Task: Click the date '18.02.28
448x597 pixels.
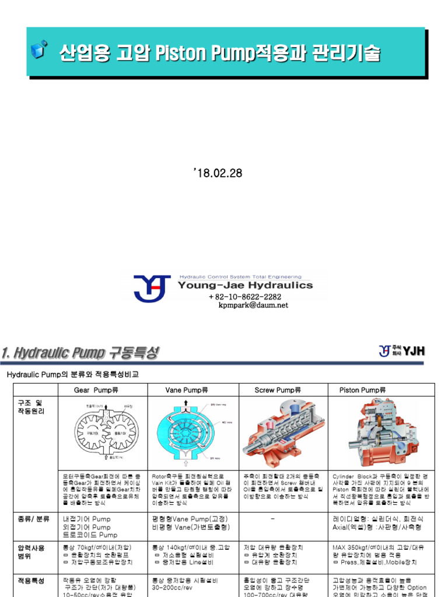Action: [217, 173]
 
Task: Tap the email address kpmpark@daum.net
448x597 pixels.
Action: [253, 305]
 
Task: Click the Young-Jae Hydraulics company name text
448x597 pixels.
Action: [245, 286]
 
